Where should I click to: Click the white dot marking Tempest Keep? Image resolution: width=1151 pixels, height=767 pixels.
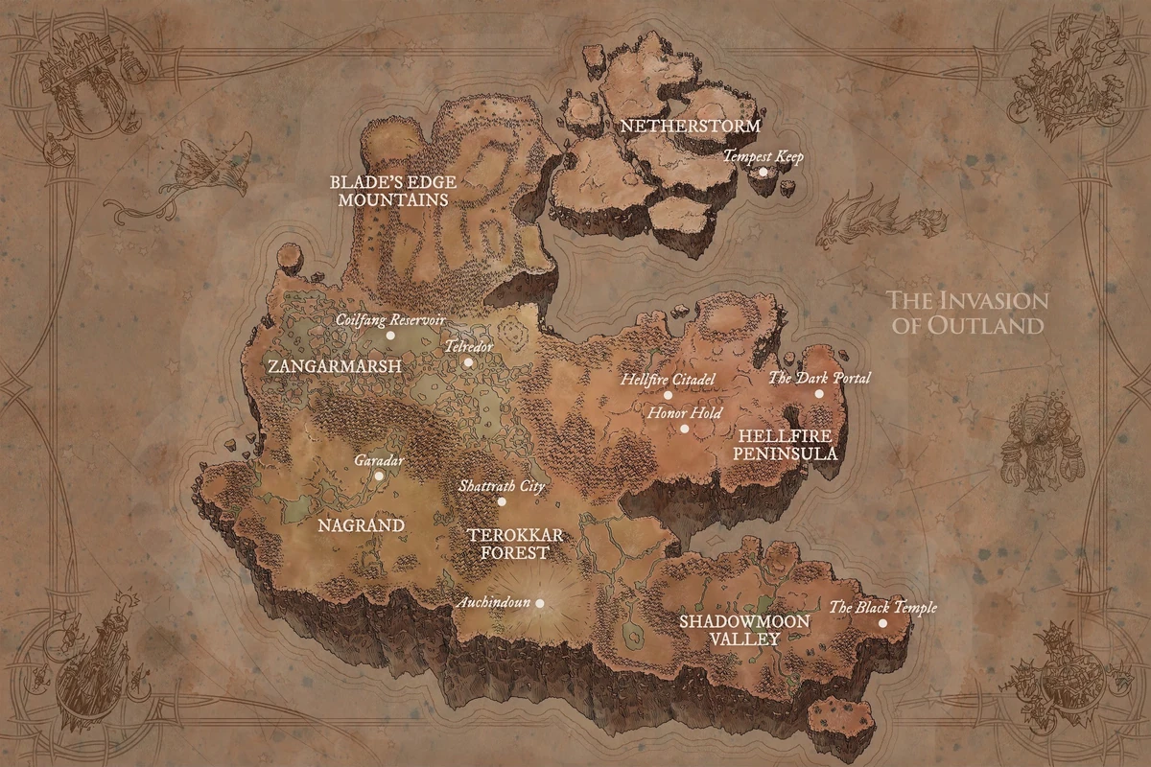[763, 172]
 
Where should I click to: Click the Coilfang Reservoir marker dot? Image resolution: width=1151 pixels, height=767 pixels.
[389, 336]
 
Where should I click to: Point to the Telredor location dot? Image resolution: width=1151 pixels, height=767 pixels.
[468, 362]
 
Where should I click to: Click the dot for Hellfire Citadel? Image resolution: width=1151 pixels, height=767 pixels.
[668, 395]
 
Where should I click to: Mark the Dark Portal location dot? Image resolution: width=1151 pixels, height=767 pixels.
[819, 393]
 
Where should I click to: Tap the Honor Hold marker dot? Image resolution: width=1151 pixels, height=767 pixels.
[684, 429]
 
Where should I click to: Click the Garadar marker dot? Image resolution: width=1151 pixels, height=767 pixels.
[379, 476]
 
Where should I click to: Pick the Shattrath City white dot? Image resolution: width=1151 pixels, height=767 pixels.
[501, 501]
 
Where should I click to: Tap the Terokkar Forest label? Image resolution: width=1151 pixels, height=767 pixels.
[506, 543]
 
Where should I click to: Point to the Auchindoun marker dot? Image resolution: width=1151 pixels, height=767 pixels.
[539, 603]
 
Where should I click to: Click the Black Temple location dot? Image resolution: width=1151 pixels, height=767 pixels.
[882, 623]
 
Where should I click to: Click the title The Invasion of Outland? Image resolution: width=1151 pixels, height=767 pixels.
[968, 313]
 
